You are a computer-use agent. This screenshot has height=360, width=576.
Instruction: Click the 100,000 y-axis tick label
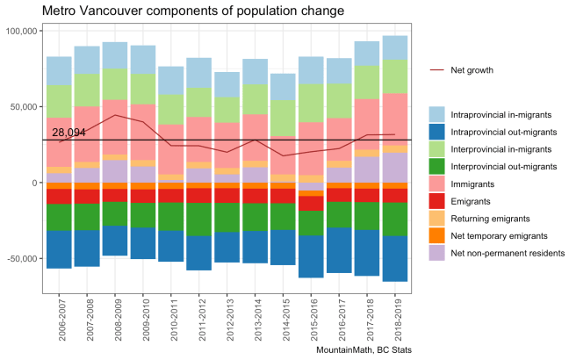coord(19,31)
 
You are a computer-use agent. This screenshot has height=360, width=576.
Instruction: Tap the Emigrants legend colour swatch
coord(437,202)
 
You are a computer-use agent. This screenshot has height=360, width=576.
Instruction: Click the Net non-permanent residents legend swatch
coord(437,253)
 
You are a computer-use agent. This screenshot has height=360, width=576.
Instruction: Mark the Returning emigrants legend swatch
coord(437,219)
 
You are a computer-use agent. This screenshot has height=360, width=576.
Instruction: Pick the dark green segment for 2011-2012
coord(198,220)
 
